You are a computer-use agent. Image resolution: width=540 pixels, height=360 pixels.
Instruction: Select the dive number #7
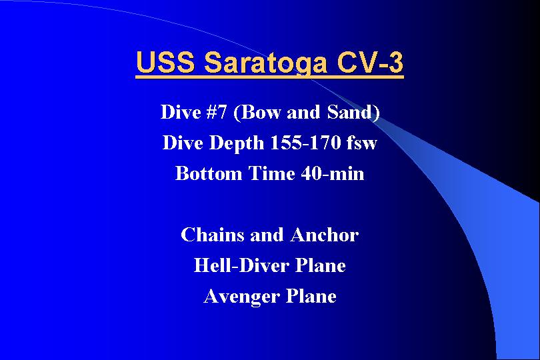click(217, 112)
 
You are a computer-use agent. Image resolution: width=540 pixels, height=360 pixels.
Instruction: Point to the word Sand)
click(353, 112)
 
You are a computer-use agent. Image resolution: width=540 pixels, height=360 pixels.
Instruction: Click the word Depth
click(237, 143)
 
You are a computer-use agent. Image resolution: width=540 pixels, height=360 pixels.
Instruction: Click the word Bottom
click(209, 173)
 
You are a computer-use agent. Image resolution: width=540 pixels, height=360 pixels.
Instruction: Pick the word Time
click(271, 173)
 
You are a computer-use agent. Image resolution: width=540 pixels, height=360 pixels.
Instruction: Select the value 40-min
click(333, 173)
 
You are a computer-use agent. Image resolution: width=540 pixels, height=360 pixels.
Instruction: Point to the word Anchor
click(324, 235)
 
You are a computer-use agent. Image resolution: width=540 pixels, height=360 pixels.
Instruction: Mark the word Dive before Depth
click(183, 143)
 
